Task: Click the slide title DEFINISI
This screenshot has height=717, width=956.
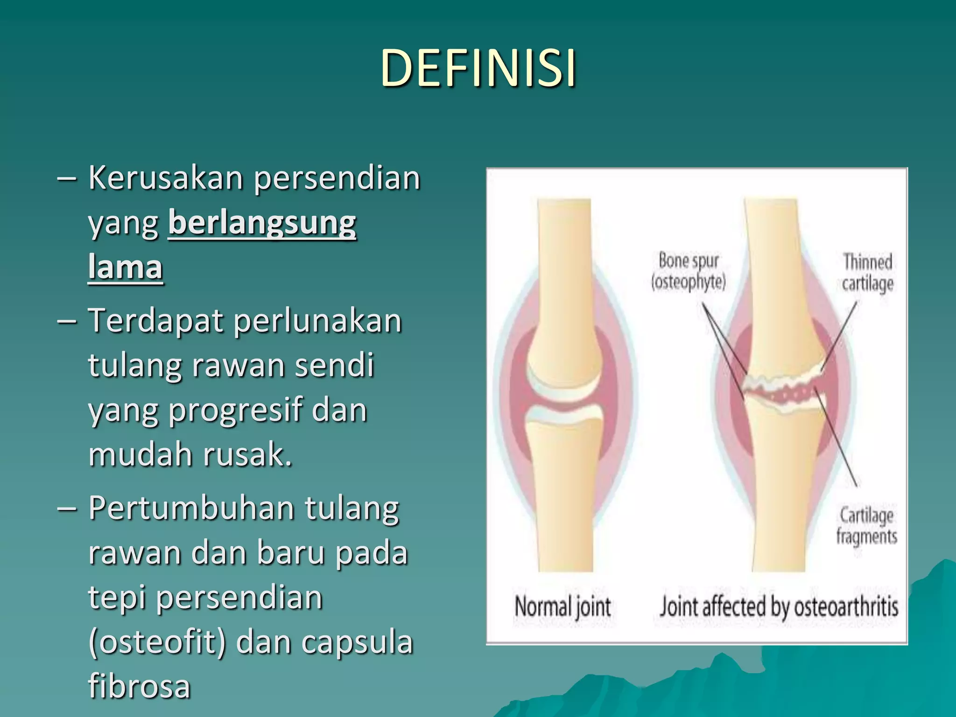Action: tap(478, 68)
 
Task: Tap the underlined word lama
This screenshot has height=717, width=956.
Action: tap(125, 267)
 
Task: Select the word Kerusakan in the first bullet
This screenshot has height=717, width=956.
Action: tap(166, 178)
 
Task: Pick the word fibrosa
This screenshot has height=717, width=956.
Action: tap(139, 686)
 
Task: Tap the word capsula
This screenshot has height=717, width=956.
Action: tap(357, 642)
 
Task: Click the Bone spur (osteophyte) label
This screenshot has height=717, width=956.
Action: tap(689, 272)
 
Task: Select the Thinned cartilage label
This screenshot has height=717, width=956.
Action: tap(867, 273)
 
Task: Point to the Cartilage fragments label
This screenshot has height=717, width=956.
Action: tap(866, 526)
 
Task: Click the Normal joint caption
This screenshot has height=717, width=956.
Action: tap(562, 607)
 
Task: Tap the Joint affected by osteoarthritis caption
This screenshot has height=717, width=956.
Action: tap(779, 607)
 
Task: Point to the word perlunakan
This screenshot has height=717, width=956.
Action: tap(317, 322)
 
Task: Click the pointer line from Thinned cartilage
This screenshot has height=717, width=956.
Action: tap(839, 335)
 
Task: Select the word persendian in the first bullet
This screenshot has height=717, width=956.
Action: tap(337, 178)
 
